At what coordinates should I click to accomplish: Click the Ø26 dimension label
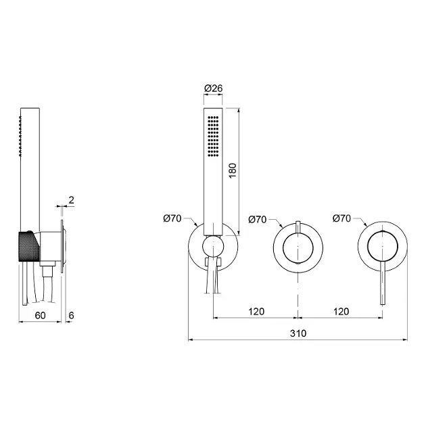point(213,89)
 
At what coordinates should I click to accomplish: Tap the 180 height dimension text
point(233,170)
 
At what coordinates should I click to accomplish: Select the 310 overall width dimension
point(298,333)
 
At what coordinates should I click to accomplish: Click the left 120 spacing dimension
point(256,311)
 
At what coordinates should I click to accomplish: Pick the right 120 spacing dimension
point(341,311)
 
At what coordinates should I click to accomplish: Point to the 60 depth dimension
point(40,315)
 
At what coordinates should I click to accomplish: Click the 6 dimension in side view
point(71,315)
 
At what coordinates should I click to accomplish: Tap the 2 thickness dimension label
point(71,200)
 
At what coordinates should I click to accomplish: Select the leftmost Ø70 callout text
point(172,218)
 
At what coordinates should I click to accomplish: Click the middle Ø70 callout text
point(257,219)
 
